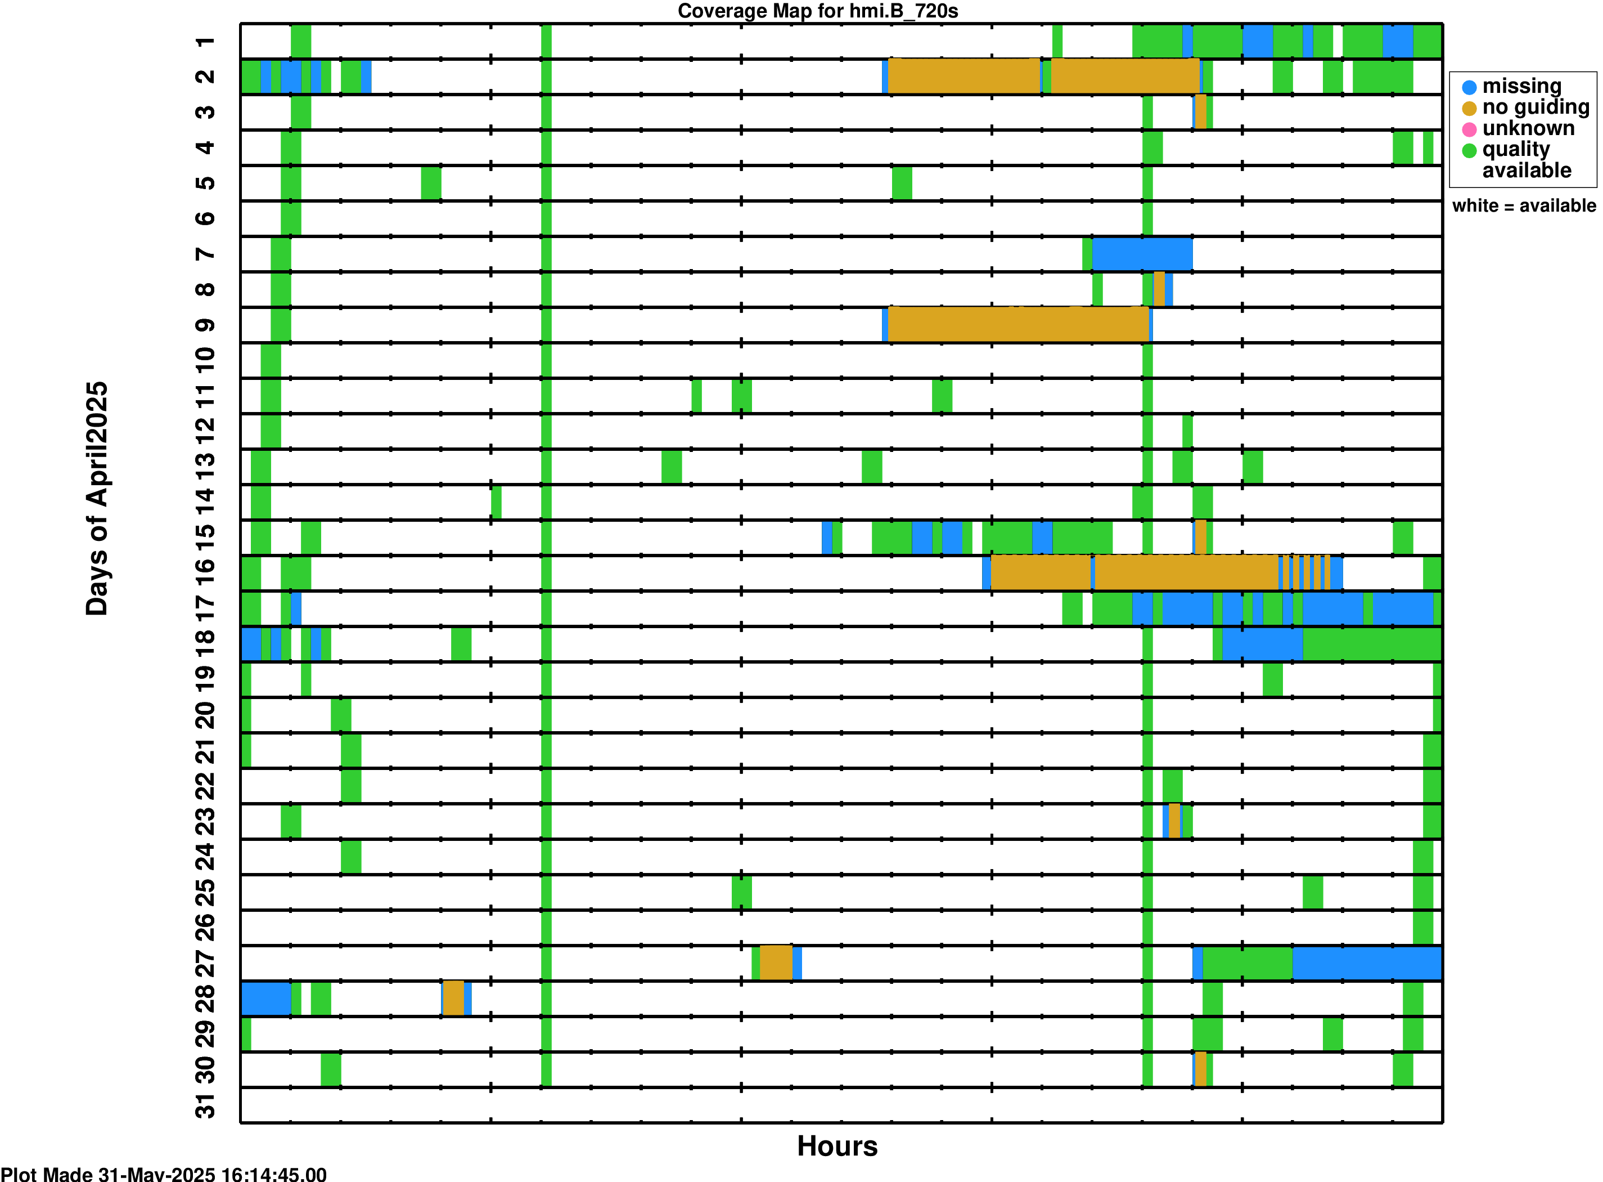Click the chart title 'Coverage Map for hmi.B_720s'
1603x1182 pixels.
click(817, 11)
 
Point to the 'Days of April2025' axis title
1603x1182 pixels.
click(97, 498)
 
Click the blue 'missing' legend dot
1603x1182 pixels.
click(1469, 87)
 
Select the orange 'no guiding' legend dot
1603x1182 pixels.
click(1469, 109)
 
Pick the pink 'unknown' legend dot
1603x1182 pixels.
click(1469, 129)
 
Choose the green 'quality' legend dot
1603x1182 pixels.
click(1469, 150)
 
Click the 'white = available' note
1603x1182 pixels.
click(1524, 206)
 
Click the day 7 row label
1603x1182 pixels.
click(205, 254)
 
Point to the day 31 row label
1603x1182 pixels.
click(205, 1105)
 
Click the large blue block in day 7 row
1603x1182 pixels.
click(1142, 254)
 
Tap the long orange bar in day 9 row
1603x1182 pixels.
click(1017, 325)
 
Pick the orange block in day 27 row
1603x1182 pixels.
click(776, 963)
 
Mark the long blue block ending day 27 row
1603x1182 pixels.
click(1366, 963)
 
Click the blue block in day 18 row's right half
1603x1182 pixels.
click(1262, 644)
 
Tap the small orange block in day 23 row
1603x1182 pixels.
click(1174, 821)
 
